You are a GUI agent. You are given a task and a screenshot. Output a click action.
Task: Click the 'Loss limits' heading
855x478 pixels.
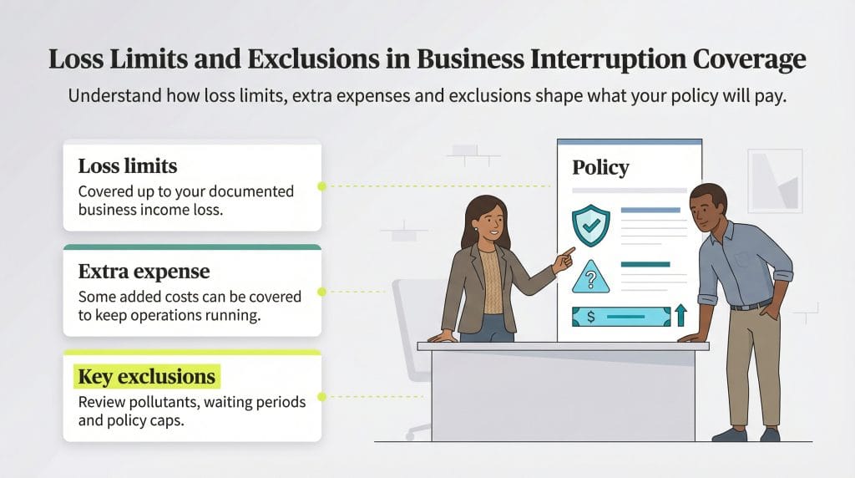[128, 165]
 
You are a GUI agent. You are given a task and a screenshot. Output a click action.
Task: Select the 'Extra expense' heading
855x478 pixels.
[144, 272]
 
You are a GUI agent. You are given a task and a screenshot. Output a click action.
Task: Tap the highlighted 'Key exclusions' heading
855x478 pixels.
[146, 377]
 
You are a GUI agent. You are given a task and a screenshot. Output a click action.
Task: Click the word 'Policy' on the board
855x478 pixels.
[600, 167]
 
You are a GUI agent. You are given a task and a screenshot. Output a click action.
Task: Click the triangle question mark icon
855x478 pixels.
[590, 277]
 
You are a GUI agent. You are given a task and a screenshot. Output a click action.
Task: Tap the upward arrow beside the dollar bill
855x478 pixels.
[680, 315]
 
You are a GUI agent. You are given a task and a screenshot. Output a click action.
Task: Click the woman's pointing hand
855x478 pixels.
[565, 257]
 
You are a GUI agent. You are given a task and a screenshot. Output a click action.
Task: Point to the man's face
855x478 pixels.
[710, 209]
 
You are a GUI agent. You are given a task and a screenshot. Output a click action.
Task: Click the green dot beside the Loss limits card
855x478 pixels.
[321, 186]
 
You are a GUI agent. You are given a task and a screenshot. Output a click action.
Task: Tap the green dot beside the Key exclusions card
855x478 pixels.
[321, 397]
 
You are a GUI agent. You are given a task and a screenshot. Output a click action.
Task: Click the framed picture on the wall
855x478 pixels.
[775, 177]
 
